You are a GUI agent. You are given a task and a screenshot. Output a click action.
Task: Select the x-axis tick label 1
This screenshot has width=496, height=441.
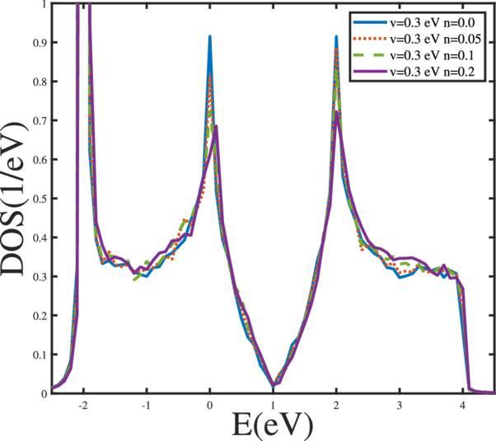point(274,406)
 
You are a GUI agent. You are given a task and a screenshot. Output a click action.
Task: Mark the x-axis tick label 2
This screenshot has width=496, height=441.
point(336,406)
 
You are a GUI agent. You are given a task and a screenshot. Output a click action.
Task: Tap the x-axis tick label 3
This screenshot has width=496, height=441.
point(400,406)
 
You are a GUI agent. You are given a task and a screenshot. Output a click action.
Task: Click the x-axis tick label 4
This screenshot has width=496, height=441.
point(463,406)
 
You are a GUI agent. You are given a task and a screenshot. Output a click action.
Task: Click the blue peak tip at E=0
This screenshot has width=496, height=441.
point(210,36)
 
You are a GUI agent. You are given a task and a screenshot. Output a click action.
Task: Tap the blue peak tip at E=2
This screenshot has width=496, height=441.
point(336,36)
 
